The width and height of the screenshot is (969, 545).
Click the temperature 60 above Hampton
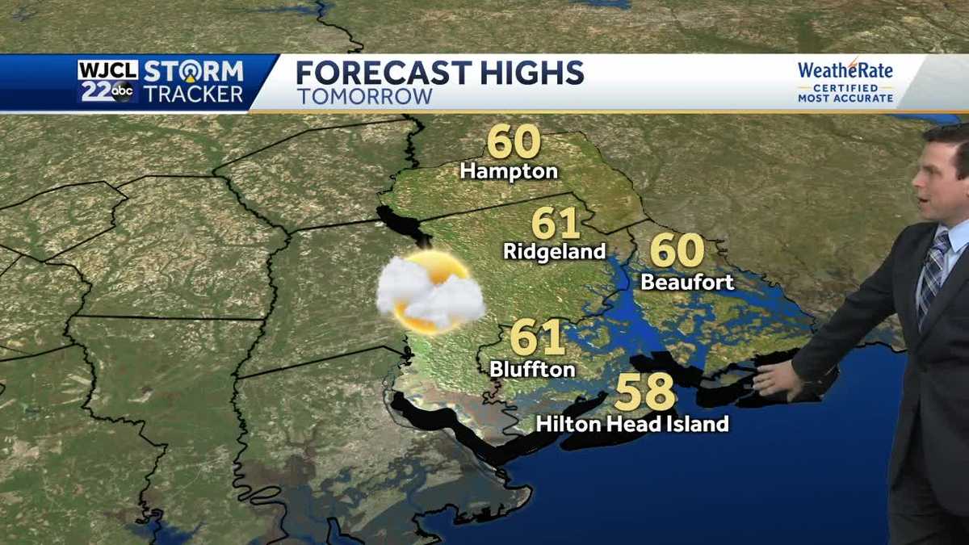tap(514, 142)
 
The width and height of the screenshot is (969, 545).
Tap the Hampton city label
tap(509, 171)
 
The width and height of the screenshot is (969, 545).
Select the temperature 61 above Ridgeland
tap(556, 223)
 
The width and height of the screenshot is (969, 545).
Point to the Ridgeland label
tap(554, 251)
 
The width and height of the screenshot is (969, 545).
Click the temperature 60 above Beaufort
tap(677, 251)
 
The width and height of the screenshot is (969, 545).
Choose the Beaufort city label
tap(687, 282)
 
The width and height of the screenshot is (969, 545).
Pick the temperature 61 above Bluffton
tap(537, 337)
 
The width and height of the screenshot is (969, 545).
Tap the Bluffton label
tap(532, 369)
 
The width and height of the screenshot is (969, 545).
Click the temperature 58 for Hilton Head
tap(644, 393)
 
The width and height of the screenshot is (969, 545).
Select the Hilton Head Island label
tap(632, 423)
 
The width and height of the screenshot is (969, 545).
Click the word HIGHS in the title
tap(532, 73)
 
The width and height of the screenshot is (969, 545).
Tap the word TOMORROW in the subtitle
tap(364, 97)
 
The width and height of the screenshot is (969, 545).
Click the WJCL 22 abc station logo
tap(108, 82)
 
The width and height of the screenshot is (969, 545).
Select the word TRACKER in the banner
tap(194, 94)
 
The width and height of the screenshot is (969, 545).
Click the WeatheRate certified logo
tap(845, 82)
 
